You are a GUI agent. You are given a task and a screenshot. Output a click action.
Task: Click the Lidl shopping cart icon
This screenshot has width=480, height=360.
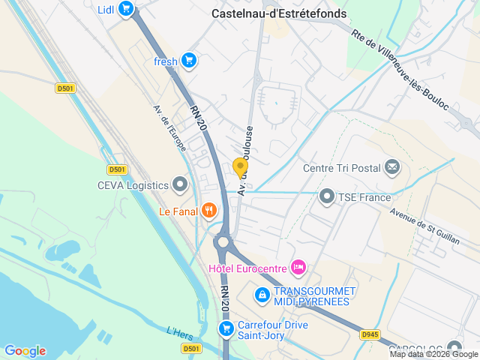click(x=126, y=9)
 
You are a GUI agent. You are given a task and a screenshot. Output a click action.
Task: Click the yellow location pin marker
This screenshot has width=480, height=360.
click(x=240, y=168)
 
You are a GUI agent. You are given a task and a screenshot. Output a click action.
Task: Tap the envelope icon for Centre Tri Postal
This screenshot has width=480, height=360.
click(x=391, y=167)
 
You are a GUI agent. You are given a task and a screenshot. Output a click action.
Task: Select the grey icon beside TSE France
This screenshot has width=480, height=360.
click(x=326, y=197)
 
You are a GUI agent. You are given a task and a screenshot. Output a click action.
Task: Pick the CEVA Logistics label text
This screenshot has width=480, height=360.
click(x=132, y=184)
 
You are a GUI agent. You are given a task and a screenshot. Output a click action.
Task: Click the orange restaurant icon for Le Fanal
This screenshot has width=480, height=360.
click(x=208, y=211)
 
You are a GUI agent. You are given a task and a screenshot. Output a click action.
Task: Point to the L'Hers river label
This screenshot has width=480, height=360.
click(x=181, y=331)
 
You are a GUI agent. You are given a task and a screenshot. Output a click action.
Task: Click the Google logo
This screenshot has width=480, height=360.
click(x=25, y=351)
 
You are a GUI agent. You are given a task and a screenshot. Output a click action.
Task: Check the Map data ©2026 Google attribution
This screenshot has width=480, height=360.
click(x=433, y=354)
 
